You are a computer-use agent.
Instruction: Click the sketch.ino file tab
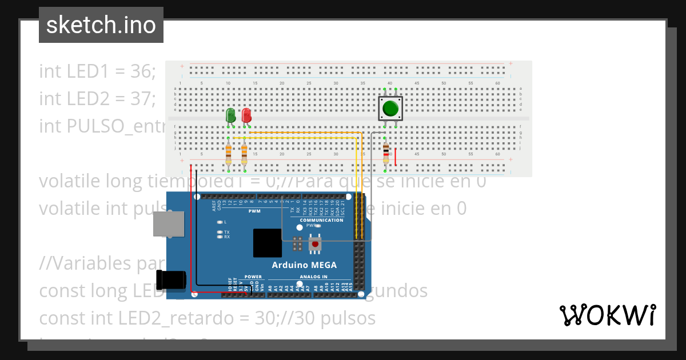point(101,25)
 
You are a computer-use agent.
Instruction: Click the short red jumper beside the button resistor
point(396,157)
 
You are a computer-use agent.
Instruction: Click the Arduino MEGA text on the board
point(304,265)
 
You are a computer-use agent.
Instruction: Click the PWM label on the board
point(254,211)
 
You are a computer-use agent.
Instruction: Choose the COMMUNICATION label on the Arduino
point(321,220)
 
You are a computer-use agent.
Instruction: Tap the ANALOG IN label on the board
point(313,277)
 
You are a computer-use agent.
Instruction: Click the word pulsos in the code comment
point(350,318)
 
